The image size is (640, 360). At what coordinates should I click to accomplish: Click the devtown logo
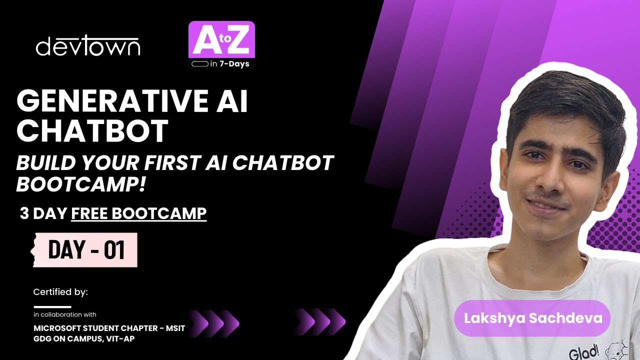(88, 46)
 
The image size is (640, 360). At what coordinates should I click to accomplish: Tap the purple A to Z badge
(221, 40)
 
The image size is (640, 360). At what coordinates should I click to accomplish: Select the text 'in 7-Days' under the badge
(229, 64)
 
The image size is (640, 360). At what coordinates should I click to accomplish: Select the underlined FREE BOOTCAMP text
(139, 213)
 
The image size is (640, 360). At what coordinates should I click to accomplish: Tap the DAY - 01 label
(86, 250)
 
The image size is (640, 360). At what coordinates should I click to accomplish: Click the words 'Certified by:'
(60, 291)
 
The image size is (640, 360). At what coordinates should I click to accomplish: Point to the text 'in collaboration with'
(65, 314)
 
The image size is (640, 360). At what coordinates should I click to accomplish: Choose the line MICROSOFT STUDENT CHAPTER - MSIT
(109, 328)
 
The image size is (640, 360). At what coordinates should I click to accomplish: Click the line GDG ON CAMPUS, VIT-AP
(84, 338)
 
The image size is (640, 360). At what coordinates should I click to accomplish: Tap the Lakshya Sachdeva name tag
(533, 318)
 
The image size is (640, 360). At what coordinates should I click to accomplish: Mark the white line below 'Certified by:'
(52, 306)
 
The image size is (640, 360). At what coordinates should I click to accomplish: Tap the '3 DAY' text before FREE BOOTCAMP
(43, 213)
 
